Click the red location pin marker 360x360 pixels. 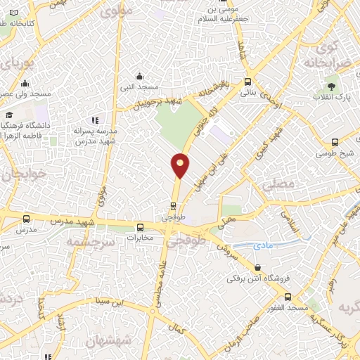[x=181, y=165]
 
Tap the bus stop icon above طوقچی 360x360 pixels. [x=173, y=206]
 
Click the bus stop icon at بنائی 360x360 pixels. [x=247, y=81]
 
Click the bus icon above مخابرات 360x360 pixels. [x=141, y=227]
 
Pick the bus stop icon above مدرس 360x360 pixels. [x=26, y=220]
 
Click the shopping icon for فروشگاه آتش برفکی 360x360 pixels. [x=258, y=268]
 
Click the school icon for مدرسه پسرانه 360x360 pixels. [x=94, y=120]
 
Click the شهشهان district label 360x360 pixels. [x=105, y=342]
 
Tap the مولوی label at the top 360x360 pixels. [x=112, y=12]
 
